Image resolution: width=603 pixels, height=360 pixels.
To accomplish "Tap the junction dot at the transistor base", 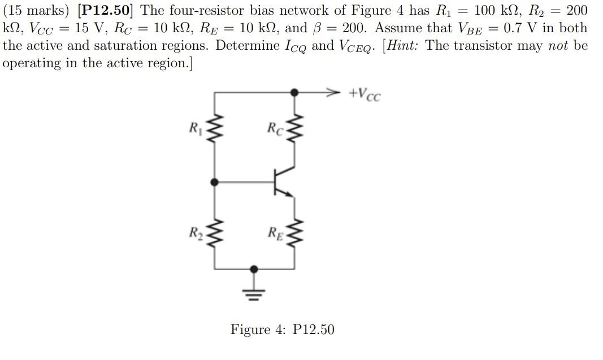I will click(x=214, y=182).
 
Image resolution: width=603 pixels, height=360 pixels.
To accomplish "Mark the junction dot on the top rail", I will click(x=293, y=92).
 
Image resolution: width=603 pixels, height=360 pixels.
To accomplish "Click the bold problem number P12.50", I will click(x=107, y=10).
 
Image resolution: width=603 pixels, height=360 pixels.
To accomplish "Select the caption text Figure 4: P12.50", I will click(x=282, y=329).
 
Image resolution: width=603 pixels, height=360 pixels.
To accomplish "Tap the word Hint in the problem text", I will click(x=404, y=45).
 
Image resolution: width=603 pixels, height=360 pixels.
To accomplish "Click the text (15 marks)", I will click(x=36, y=10).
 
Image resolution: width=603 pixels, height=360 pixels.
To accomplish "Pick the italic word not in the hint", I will click(x=558, y=45).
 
